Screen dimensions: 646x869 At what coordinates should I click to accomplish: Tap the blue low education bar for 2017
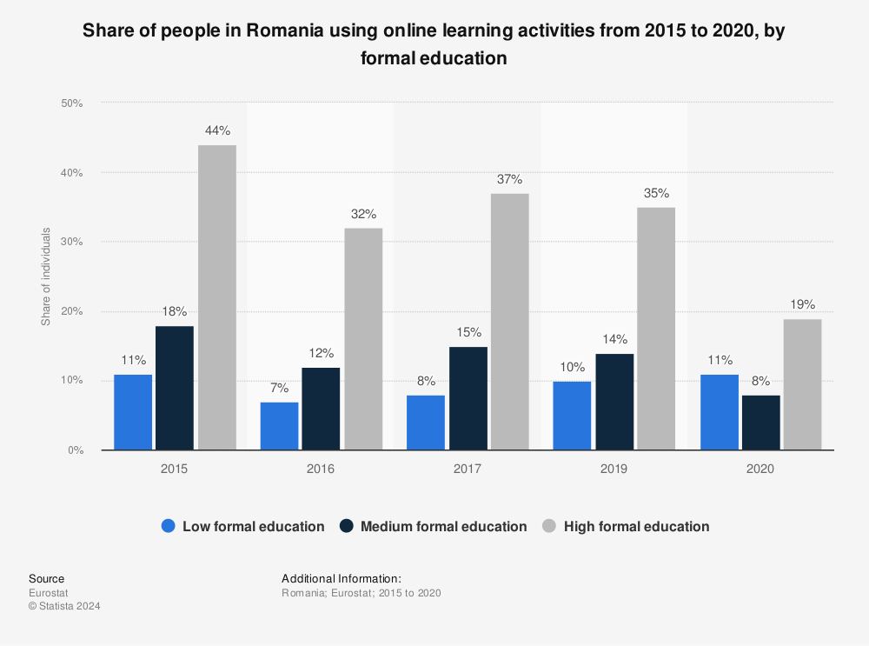point(425,423)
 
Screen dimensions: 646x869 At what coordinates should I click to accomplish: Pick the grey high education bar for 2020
point(802,384)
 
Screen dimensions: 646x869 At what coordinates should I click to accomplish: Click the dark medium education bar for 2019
point(614,402)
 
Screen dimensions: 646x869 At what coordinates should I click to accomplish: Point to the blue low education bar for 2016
point(279,426)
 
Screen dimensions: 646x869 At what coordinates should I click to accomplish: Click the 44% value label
point(217,131)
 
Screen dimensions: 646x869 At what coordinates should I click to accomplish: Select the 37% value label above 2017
point(510,180)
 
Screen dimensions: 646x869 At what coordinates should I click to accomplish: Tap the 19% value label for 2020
point(802,305)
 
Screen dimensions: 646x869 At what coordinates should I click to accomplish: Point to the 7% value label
point(279,389)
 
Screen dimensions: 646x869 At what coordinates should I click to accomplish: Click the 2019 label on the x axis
point(614,468)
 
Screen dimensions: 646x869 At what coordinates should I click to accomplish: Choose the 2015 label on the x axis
point(174,468)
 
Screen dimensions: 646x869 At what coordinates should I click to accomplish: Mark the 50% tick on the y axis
point(71,103)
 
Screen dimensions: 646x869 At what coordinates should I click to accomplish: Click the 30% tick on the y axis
point(71,242)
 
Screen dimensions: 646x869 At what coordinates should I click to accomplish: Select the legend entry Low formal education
point(253,526)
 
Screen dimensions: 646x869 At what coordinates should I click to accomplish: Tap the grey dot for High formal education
point(548,526)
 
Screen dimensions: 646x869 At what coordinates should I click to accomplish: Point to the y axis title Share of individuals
point(46,276)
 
